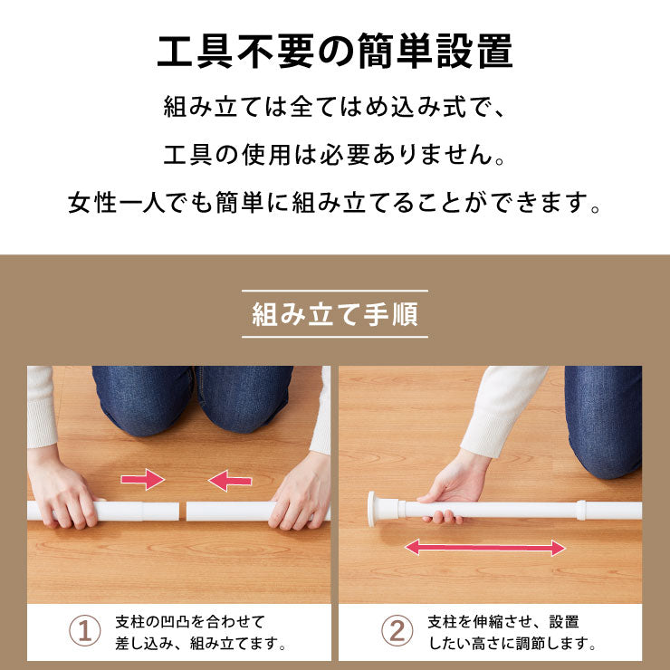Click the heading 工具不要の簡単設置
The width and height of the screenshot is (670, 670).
[335, 52]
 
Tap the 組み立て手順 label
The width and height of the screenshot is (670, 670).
[335, 316]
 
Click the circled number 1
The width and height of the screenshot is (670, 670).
[85, 631]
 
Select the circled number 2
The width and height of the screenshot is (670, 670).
[396, 631]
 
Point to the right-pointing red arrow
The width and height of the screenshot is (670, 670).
[143, 479]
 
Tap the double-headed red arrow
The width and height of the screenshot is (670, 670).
[484, 547]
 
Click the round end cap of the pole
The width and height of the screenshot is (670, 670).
[374, 510]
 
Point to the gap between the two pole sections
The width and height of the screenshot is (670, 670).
[182, 512]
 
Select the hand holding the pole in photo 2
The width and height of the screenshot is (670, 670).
[457, 489]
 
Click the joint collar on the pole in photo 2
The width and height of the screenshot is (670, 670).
[581, 510]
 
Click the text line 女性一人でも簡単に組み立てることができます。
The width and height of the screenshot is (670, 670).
[335, 202]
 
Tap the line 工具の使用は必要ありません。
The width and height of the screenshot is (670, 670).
[335, 155]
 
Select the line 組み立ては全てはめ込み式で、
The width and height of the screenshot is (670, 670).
[335, 108]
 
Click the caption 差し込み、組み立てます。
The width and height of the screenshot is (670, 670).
[201, 645]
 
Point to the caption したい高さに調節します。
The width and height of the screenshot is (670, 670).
[512, 645]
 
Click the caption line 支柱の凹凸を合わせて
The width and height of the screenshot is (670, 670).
[190, 622]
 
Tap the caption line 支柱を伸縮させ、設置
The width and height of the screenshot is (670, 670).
[503, 622]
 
